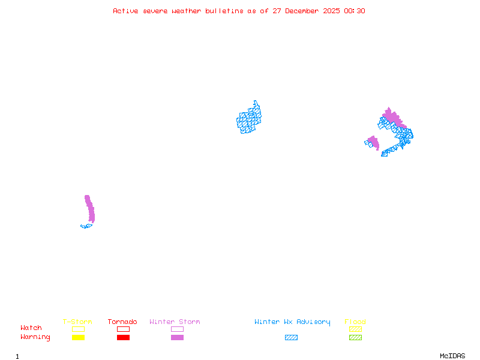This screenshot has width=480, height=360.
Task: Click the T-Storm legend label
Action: [x=77, y=322]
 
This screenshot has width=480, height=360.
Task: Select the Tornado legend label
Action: [x=122, y=322]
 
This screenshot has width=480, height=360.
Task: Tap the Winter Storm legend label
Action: [x=175, y=322]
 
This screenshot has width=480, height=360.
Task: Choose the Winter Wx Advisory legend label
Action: [x=292, y=322]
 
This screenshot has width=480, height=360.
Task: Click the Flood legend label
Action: [x=355, y=322]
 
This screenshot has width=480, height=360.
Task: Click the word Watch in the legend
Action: [x=31, y=328]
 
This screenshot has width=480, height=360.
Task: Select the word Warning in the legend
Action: [x=35, y=337]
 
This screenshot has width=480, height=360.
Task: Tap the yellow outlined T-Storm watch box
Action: [x=78, y=329]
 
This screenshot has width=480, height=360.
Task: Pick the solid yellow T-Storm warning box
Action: [x=78, y=337]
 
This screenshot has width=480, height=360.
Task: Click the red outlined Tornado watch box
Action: [x=123, y=329]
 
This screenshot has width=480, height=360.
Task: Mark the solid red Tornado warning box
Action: [x=123, y=337]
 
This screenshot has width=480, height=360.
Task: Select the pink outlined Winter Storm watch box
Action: [x=177, y=329]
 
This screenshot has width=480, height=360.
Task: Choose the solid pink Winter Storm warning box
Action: [x=177, y=337]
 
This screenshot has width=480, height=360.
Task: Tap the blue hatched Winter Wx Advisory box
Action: [x=291, y=337]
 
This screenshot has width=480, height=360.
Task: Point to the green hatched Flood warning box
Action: [x=355, y=337]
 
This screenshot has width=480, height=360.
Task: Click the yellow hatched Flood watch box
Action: [x=355, y=329]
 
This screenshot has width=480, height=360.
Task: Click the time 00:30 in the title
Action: [x=355, y=11]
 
